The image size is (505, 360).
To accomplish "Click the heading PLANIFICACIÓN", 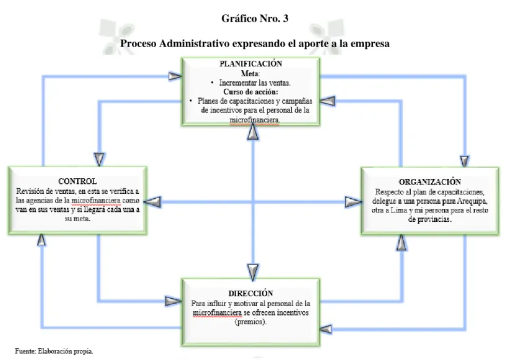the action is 251,64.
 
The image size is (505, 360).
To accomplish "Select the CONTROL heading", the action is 77,182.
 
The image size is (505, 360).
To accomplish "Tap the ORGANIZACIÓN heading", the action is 429,182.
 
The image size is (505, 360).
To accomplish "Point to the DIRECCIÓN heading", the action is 251,293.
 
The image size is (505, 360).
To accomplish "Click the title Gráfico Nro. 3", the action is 255,19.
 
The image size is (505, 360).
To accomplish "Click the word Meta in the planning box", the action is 250,73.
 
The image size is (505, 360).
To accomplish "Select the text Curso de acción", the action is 251,92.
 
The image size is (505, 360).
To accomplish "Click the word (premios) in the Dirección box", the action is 251,322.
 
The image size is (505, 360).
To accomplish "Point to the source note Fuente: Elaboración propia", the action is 54,351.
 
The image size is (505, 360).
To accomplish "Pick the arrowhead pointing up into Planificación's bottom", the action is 253,133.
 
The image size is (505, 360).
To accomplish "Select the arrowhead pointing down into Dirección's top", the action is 253,272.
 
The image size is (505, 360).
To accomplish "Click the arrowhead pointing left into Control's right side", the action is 152,202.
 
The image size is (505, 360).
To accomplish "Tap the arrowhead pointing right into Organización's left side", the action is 353,202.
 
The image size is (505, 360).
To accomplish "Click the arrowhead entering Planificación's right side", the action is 327,101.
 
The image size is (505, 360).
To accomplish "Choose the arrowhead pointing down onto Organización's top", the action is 465,161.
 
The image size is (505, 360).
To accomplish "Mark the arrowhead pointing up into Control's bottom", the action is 42,240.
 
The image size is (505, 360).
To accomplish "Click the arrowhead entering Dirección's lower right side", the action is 325,329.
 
